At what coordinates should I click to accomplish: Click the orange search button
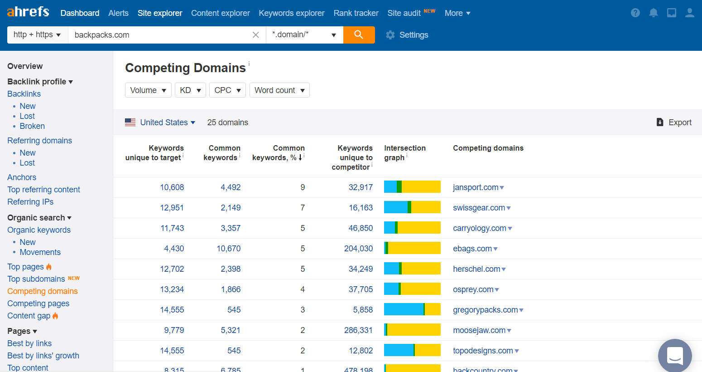coord(359,35)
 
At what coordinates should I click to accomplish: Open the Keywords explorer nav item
coord(291,13)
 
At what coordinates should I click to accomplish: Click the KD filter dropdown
coord(190,90)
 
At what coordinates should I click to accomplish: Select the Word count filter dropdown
coord(279,90)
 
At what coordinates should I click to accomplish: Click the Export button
coord(674,122)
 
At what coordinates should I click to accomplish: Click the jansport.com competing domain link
coord(476,187)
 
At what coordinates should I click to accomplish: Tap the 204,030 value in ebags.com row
coord(358,249)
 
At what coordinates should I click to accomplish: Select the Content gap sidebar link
coord(29,316)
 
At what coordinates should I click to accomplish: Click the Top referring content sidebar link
coord(43,190)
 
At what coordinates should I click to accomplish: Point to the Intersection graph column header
coord(404,153)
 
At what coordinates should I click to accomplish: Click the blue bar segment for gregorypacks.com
coord(403,310)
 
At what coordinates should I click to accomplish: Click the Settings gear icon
coord(390,35)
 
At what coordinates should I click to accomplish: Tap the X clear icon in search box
coord(256,35)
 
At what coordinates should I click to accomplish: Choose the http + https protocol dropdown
coord(37,35)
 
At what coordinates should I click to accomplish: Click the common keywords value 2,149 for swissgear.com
coord(231,208)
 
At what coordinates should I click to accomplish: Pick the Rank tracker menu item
coord(356,13)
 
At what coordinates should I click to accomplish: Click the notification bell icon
coord(653,13)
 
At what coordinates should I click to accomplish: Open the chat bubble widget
coord(675,356)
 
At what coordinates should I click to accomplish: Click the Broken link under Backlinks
coord(32,126)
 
